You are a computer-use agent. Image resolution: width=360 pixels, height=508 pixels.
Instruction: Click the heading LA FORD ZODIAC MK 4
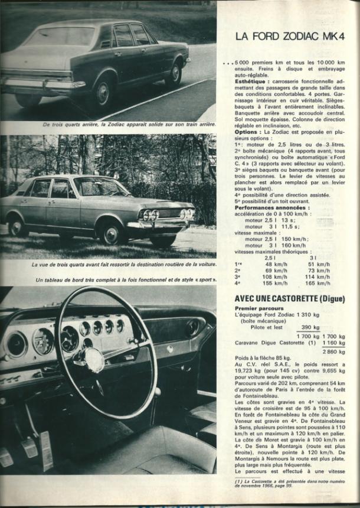[289, 37]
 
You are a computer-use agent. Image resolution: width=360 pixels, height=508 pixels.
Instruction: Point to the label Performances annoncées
[272, 207]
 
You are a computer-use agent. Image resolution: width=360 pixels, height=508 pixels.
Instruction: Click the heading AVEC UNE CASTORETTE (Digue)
[289, 299]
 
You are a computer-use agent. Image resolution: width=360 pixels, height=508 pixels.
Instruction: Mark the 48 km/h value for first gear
[271, 263]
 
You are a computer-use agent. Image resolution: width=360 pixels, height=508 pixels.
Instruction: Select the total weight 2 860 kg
[334, 351]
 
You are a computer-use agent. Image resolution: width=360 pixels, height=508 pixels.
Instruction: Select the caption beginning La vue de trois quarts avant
[124, 265]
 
